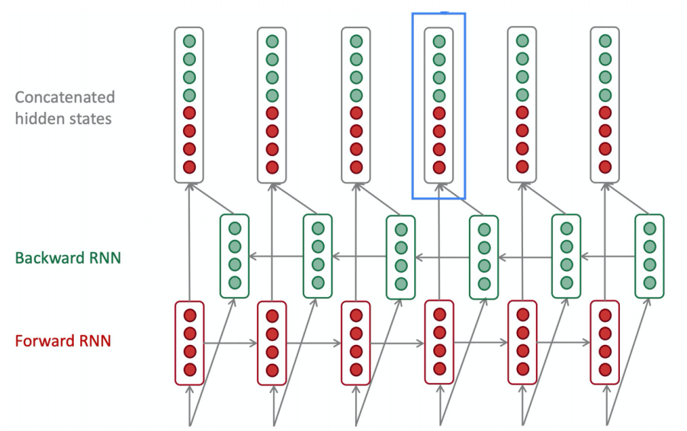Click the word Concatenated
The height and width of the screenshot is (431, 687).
coord(65,97)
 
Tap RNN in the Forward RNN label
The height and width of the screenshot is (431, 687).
coord(95,340)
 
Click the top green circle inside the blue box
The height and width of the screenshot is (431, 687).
coord(438,41)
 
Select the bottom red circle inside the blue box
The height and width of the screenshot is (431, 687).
coord(438,167)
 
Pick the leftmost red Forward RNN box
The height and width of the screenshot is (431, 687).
coord(190,343)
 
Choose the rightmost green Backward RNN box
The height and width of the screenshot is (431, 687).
coord(650,256)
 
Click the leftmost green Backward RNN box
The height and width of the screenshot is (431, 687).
coord(235,256)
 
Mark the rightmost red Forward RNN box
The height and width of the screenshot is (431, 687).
coord(605,343)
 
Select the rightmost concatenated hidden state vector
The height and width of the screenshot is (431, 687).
coord(605,104)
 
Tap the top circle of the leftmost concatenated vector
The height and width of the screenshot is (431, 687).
coord(190,41)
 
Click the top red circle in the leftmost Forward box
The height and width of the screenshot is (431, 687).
coord(190,315)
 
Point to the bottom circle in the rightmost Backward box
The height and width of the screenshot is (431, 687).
coord(650,283)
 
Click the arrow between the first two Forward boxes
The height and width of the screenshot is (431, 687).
coord(231,343)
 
